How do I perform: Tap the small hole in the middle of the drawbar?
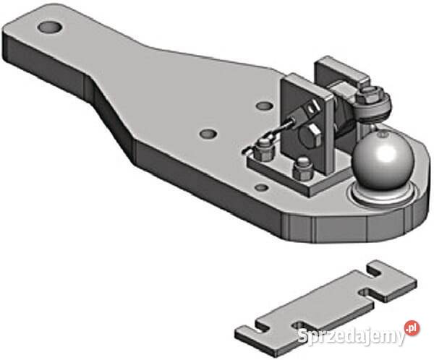tap(208, 134)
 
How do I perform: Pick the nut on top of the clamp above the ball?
tap(371, 93)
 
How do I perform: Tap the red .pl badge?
tap(412, 327)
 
